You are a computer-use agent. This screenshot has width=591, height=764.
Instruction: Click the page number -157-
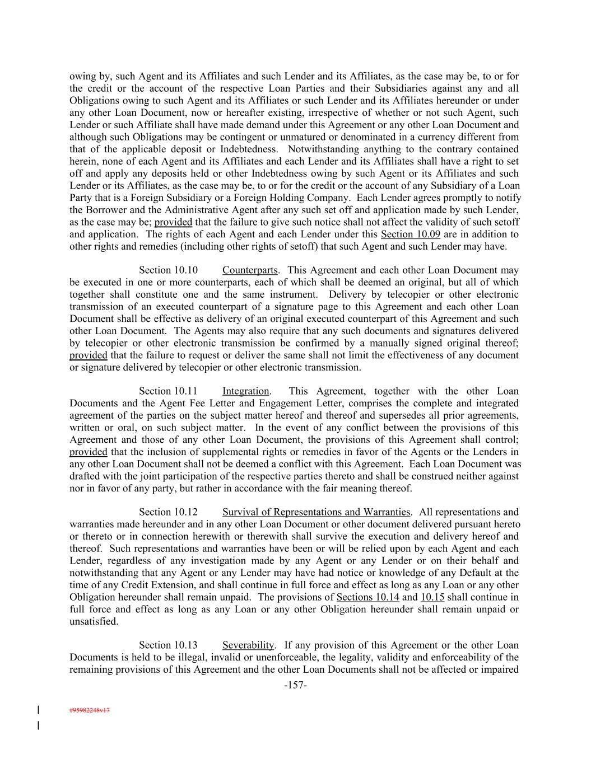point(295,685)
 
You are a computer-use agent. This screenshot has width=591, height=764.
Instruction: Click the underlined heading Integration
point(246,391)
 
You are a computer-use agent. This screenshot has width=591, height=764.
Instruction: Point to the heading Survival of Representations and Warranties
point(317,512)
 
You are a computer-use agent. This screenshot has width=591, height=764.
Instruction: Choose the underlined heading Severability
point(248,645)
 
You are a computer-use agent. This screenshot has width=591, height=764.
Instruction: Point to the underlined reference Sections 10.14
point(367,597)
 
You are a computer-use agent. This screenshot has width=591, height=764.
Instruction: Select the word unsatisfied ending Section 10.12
point(94,621)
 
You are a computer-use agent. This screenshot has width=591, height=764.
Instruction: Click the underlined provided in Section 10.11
point(88,452)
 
